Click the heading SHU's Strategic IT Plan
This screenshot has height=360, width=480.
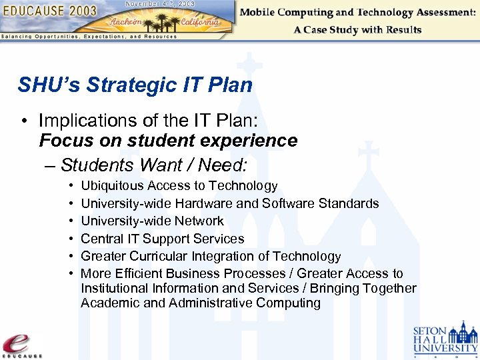click(x=135, y=85)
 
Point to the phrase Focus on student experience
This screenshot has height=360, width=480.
click(x=168, y=141)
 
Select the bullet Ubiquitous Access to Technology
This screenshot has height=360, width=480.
click(x=179, y=186)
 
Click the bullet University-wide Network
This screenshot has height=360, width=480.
click(x=152, y=221)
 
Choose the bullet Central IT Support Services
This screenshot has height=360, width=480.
click(x=162, y=239)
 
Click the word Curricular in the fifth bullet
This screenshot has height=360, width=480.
click(x=157, y=256)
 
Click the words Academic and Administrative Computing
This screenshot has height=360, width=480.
click(x=200, y=303)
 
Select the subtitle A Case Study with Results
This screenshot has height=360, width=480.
click(x=357, y=30)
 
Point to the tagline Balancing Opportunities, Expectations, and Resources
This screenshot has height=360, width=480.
click(x=89, y=37)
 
